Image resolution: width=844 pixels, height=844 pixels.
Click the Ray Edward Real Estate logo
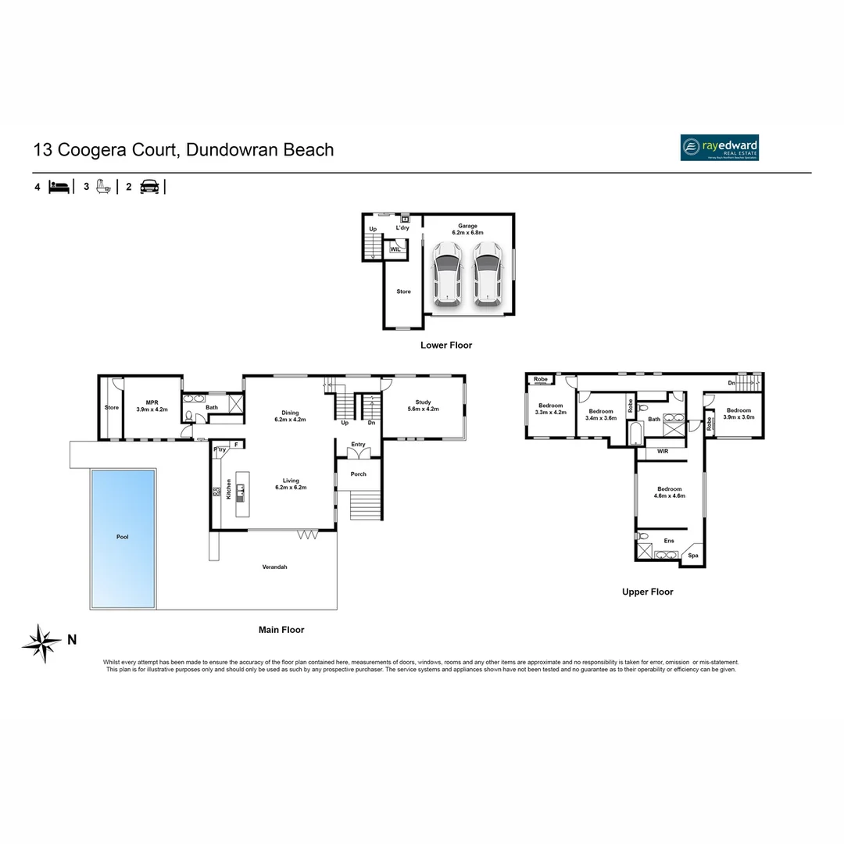click(719, 148)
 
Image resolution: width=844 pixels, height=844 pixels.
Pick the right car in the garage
click(487, 271)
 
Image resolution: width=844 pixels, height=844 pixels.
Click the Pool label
click(123, 537)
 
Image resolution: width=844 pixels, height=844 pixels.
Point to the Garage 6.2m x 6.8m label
click(468, 229)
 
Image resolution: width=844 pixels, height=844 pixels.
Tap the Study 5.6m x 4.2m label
click(423, 406)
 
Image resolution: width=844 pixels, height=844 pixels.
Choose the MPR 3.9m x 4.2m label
click(152, 406)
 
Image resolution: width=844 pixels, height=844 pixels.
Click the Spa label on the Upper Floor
click(692, 556)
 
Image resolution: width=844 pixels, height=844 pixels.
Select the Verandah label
click(274, 567)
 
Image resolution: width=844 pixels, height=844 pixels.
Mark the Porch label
click(358, 474)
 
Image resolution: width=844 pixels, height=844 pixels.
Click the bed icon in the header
click(59, 187)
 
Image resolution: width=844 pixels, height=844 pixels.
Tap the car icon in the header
click(148, 187)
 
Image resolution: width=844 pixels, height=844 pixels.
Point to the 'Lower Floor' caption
click(446, 345)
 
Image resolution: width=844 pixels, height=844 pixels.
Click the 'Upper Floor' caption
click(647, 592)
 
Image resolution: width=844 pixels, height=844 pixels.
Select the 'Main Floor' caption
click(281, 629)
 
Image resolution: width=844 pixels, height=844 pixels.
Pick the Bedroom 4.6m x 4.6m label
click(668, 492)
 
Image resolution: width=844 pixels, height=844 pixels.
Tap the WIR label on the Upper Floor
click(663, 451)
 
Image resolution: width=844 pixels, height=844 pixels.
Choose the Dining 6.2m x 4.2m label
click(287, 417)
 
